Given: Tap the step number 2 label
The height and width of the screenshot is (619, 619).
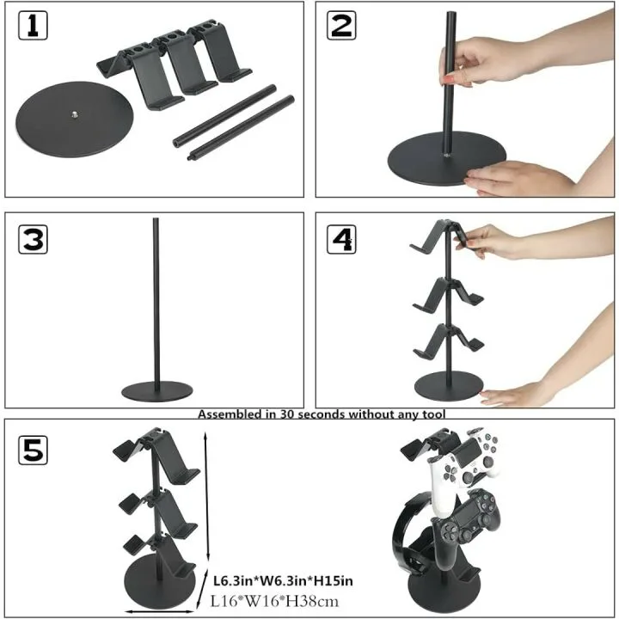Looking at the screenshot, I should coord(341,26).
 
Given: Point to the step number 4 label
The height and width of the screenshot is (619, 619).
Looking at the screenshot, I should coord(341,239).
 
